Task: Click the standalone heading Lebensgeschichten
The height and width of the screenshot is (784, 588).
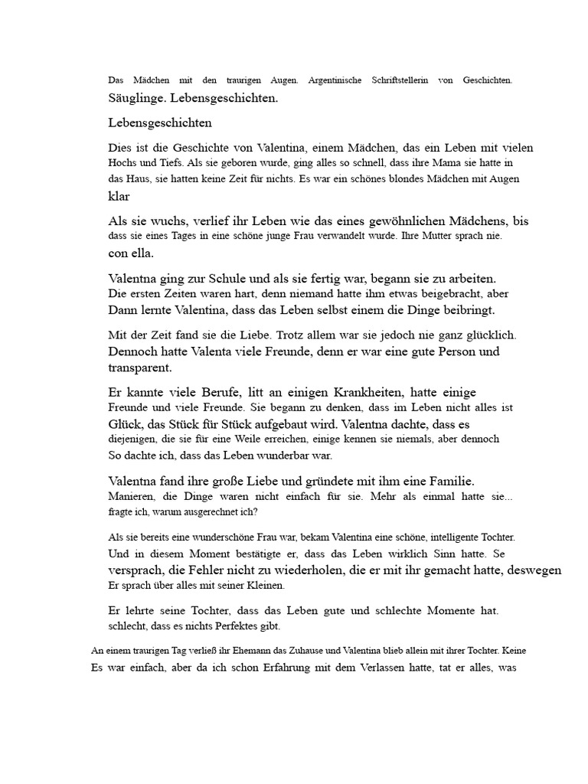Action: coord(160,122)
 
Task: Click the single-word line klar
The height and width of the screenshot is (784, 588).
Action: coord(119,195)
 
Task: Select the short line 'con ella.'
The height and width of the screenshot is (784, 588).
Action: coord(131,253)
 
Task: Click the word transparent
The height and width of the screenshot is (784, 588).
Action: coord(140,367)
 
